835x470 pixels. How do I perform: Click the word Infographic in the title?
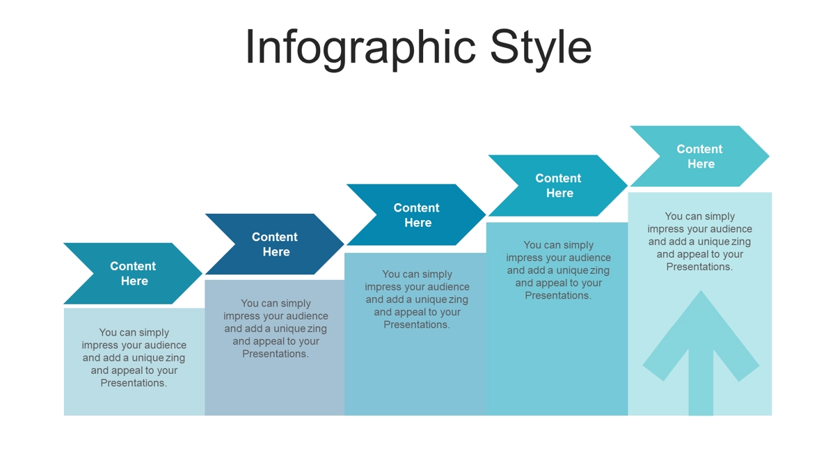(360, 49)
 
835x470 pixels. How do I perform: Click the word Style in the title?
(541, 49)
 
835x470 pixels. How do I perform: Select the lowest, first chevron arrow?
(133, 274)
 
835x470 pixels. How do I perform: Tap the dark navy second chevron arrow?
(275, 244)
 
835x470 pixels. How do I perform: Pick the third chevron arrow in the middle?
(416, 214)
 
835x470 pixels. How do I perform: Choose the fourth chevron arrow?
(558, 185)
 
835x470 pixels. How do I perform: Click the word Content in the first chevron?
(133, 266)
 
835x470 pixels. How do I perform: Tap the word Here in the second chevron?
(276, 252)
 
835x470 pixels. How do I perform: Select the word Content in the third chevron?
(416, 207)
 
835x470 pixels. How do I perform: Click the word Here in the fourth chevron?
(560, 193)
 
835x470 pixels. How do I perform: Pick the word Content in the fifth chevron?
(700, 149)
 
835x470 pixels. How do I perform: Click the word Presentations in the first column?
(134, 383)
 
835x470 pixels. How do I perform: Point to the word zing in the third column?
(459, 299)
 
